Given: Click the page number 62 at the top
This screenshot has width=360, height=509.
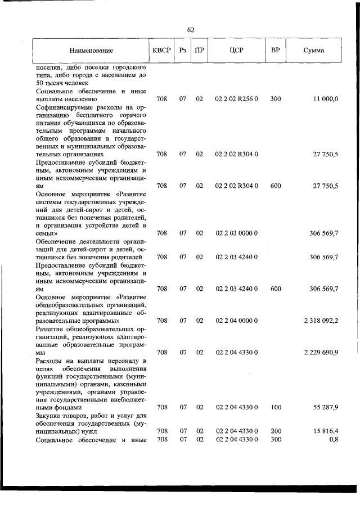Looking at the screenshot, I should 190,30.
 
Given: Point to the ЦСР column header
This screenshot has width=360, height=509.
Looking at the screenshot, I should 236,51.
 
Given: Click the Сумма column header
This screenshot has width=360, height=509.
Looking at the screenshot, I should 313,51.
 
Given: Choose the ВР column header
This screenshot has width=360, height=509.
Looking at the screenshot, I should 276,51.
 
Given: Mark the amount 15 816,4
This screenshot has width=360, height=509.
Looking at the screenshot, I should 324,431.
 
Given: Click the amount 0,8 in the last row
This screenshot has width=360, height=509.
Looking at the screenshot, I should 333,439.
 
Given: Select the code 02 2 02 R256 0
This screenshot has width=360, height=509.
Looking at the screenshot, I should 236,99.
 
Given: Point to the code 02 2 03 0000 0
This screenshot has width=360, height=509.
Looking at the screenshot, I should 236,233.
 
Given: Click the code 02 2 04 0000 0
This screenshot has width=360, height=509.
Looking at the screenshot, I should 236,321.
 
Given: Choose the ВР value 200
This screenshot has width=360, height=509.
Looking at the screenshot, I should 276,431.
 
